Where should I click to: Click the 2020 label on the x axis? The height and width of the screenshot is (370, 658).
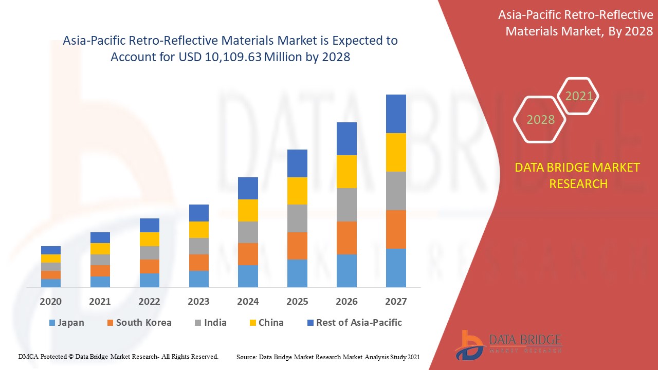[50, 301]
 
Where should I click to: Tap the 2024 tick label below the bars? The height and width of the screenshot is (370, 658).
[248, 301]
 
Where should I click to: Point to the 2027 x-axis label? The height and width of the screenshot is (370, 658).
[396, 301]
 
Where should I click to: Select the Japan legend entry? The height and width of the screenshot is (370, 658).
[66, 323]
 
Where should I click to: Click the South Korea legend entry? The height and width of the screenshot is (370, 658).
[139, 323]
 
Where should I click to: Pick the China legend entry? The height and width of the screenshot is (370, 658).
[266, 323]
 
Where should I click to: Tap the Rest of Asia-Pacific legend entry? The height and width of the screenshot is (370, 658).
[354, 323]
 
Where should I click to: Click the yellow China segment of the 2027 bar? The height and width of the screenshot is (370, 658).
[396, 152]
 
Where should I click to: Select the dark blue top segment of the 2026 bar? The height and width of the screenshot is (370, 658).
[346, 139]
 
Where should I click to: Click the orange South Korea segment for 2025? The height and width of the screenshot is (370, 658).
[297, 246]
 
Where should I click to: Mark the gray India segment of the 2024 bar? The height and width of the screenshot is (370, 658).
[248, 232]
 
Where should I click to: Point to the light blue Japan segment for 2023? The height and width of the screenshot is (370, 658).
[198, 279]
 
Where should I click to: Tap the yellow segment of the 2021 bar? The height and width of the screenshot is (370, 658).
[100, 249]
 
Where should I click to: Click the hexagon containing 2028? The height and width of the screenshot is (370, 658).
[540, 119]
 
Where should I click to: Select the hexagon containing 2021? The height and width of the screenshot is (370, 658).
[579, 96]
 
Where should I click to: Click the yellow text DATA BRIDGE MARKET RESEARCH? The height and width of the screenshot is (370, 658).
[577, 175]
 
